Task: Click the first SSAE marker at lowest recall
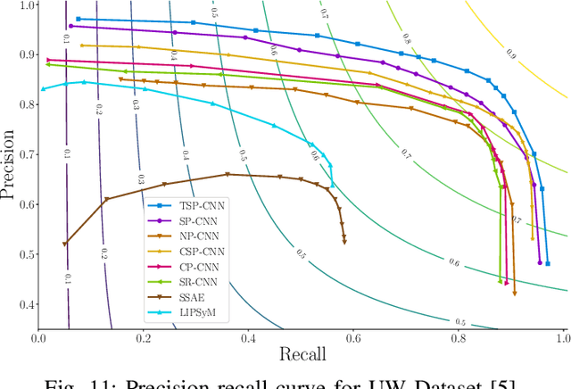64,243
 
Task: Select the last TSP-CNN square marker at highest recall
547,264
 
